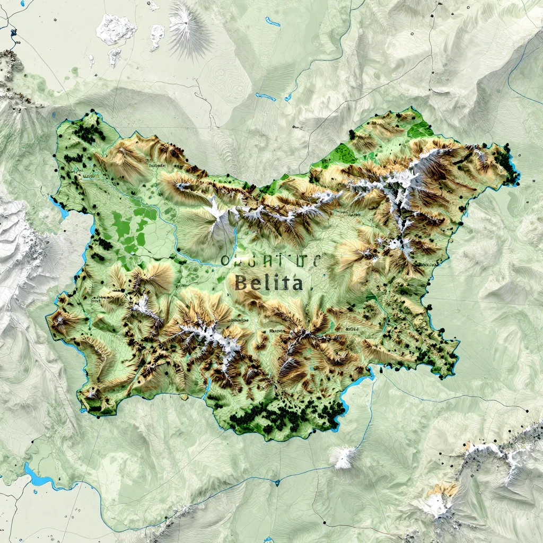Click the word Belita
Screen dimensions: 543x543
[x=268, y=283]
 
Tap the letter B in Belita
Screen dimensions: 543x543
[x=240, y=283]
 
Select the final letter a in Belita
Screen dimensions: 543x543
[x=296, y=284]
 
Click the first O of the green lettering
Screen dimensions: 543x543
[x=225, y=260]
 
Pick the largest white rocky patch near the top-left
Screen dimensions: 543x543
[x=116, y=29]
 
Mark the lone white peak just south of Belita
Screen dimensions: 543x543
[x=345, y=456]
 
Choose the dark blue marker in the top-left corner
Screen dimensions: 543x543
[x=13, y=32]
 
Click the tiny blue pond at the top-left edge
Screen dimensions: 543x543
[x=54, y=115]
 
